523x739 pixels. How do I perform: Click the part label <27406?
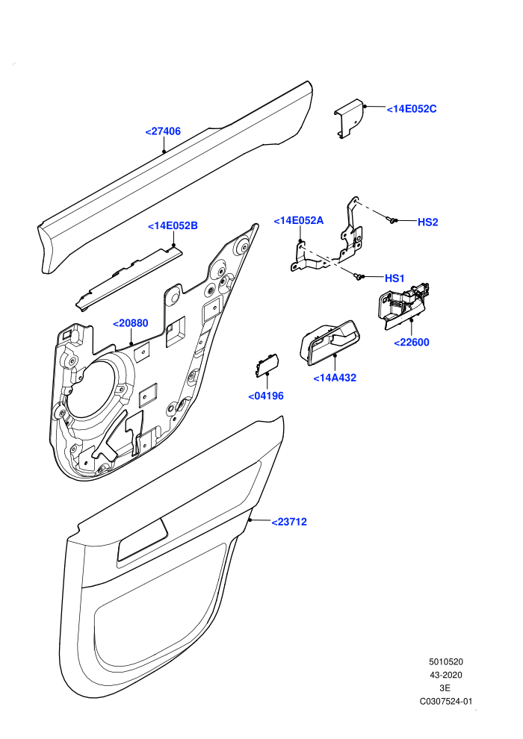click(x=163, y=131)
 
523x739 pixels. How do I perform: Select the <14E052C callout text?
click(x=412, y=109)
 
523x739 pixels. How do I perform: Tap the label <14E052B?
click(x=173, y=225)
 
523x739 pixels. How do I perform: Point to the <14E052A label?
click(x=299, y=220)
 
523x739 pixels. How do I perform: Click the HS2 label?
click(x=427, y=222)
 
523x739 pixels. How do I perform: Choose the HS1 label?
click(x=394, y=278)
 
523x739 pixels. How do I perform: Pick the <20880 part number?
click(x=130, y=322)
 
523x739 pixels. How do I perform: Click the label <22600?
click(x=411, y=342)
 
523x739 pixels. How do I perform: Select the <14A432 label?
click(x=335, y=378)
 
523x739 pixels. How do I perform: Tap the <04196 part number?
click(x=266, y=396)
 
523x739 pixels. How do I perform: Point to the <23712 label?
click(x=289, y=522)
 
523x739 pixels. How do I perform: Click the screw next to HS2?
click(x=391, y=219)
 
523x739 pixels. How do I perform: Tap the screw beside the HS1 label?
click(x=359, y=276)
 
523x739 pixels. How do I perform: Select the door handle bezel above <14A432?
click(x=329, y=343)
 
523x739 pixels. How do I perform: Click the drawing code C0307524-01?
click(x=445, y=701)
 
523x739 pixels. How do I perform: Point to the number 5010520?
click(x=445, y=661)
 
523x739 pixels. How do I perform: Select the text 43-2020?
click(x=445, y=675)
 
